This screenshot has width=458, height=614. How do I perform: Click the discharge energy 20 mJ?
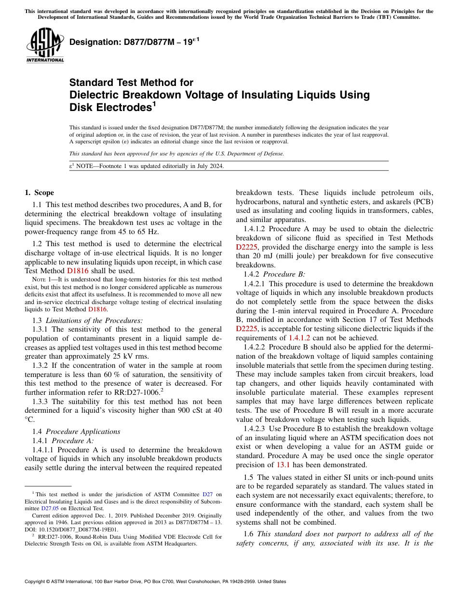(x=262, y=256)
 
